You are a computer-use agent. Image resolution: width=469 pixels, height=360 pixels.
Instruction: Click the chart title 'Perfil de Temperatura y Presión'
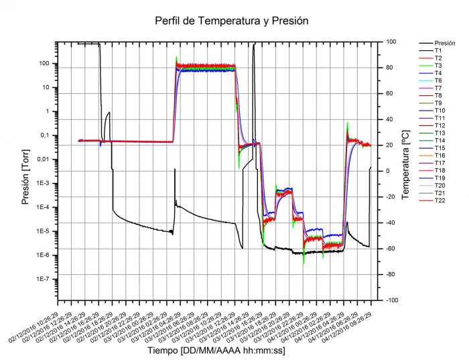click(231, 21)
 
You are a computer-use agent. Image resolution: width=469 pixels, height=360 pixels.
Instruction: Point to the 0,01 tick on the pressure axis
click(45, 160)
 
